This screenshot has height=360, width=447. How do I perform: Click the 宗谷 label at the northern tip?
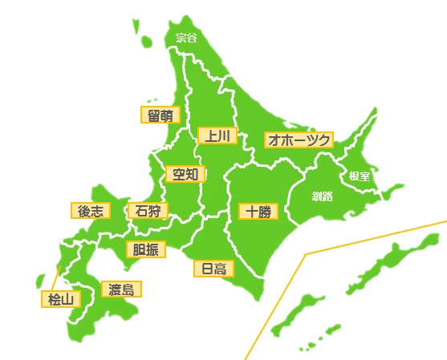pyautogui.click(x=186, y=36)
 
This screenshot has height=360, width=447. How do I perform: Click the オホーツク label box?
pyautogui.click(x=299, y=140)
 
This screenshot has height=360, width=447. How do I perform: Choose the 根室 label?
pyautogui.click(x=360, y=176)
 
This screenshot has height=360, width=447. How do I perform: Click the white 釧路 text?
pyautogui.click(x=323, y=195)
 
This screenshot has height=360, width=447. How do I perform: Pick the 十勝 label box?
pyautogui.click(x=259, y=212)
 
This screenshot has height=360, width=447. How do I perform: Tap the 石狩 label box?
pyautogui.click(x=148, y=211)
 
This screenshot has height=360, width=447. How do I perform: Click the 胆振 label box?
pyautogui.click(x=146, y=249)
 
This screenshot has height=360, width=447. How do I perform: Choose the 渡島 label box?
pyautogui.click(x=121, y=289)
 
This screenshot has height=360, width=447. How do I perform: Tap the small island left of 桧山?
pyautogui.click(x=40, y=281)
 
